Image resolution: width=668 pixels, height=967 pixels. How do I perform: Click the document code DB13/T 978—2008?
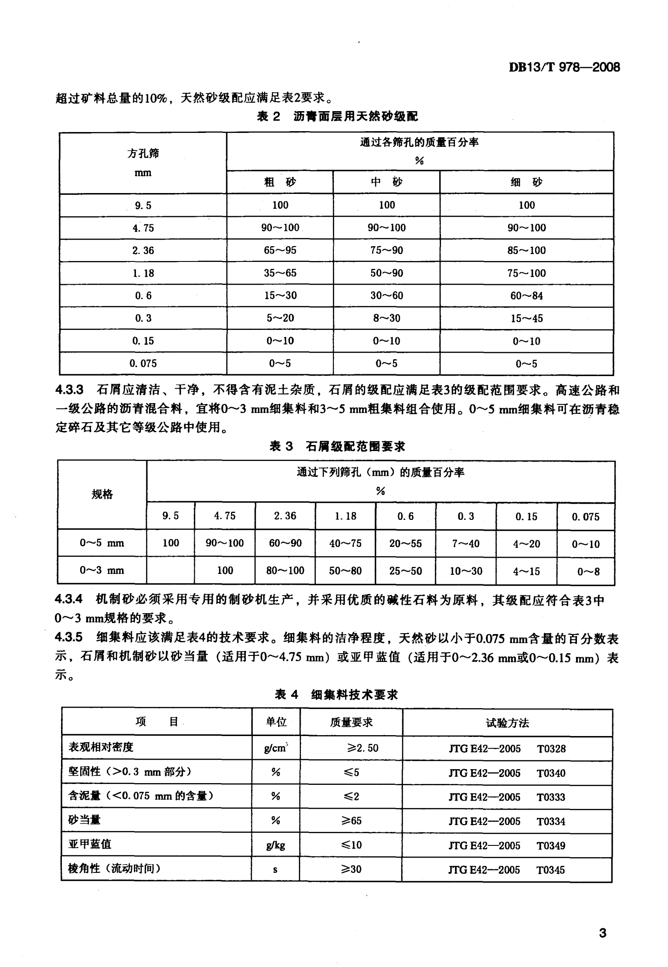pos(564,67)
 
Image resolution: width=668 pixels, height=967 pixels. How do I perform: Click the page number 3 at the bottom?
pos(603,933)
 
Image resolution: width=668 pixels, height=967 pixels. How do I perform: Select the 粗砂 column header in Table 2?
pos(280,182)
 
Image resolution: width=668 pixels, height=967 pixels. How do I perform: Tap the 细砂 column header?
pos(526,182)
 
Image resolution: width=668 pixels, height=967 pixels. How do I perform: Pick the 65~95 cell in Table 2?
pos(280,250)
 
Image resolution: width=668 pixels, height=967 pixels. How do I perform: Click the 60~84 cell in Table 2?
pos(526,296)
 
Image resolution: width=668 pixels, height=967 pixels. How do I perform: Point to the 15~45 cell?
pos(526,319)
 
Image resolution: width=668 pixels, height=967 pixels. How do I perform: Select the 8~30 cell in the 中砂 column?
pos(387,319)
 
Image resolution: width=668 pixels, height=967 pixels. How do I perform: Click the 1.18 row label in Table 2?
pos(143,273)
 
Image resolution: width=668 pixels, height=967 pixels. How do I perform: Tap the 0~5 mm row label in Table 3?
pos(102,543)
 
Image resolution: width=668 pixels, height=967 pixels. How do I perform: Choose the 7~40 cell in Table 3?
pos(465,543)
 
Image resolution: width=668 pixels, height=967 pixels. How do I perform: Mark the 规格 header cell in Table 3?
pos(102,494)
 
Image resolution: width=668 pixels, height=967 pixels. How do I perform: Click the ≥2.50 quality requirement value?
pos(363,748)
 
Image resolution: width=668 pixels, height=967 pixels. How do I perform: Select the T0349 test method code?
pos(551,845)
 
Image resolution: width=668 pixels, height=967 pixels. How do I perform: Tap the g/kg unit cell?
pos(275,845)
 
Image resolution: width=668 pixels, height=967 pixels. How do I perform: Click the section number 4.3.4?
pos(69,600)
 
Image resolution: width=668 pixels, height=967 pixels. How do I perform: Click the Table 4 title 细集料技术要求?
pos(354,695)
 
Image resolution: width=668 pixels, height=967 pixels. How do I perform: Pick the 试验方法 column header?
pos(507,723)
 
